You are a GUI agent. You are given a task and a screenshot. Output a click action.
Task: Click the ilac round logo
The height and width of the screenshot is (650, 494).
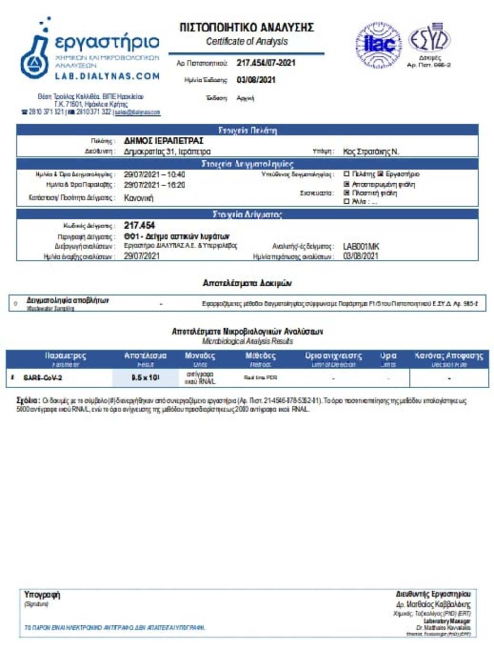pyautogui.click(x=378, y=45)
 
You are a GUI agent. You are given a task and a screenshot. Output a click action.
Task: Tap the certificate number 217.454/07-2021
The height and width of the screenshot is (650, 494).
pyautogui.click(x=266, y=63)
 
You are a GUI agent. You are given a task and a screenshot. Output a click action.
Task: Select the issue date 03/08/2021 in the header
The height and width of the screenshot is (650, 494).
pyautogui.click(x=256, y=80)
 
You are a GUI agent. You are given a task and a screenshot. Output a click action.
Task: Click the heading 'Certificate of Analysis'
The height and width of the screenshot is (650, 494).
pyautogui.click(x=247, y=42)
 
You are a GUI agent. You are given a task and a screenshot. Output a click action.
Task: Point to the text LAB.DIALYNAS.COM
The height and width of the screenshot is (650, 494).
pyautogui.click(x=107, y=76)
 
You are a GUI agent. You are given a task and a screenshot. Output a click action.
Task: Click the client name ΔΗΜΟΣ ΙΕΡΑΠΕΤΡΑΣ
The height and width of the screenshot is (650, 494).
pyautogui.click(x=163, y=141)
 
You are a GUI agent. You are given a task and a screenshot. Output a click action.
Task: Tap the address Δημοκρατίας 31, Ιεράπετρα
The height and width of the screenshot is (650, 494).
pyautogui.click(x=167, y=152)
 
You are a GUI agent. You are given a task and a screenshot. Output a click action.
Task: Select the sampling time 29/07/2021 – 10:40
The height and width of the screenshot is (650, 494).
pyautogui.click(x=154, y=174)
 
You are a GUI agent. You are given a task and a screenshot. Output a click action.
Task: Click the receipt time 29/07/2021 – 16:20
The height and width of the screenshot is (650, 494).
pyautogui.click(x=154, y=185)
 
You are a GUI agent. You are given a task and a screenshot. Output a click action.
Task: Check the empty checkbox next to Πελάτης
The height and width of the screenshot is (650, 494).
pyautogui.click(x=346, y=174)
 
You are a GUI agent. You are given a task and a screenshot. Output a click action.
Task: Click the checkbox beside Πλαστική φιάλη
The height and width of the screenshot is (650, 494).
pyautogui.click(x=346, y=192)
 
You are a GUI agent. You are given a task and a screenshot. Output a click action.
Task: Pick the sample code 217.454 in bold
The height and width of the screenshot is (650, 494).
pyautogui.click(x=139, y=225)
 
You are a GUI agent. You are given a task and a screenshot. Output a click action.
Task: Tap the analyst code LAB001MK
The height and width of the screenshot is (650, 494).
pyautogui.click(x=361, y=246)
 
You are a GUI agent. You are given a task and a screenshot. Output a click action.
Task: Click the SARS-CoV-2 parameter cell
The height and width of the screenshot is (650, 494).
pyautogui.click(x=43, y=378)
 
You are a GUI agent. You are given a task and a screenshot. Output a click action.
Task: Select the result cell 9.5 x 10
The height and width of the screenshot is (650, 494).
pyautogui.click(x=145, y=378)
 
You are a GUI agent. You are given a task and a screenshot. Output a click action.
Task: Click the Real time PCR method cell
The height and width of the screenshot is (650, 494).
pyautogui.click(x=260, y=378)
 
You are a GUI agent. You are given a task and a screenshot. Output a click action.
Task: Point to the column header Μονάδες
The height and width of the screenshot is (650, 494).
pyautogui.click(x=200, y=356)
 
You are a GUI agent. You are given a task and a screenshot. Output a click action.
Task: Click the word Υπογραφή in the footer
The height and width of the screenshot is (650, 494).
pyautogui.click(x=42, y=595)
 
